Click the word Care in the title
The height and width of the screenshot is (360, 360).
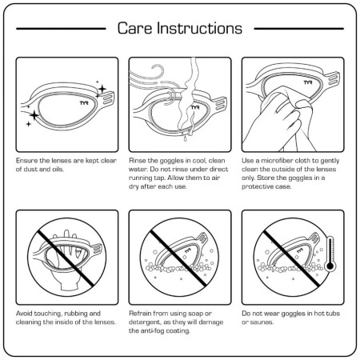tap(134, 28)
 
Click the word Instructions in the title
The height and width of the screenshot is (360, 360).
tap(199, 28)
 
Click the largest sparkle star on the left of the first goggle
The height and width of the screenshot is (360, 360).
tap(34, 115)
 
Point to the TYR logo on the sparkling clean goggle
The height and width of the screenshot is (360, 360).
tap(84, 102)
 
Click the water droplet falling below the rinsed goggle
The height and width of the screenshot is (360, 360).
tap(186, 138)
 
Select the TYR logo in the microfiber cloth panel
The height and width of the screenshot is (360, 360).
tap(308, 82)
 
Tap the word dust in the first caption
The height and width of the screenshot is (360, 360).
tap(31, 169)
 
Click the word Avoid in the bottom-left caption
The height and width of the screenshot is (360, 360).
tap(24, 314)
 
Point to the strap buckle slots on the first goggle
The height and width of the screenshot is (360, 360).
tap(108, 98)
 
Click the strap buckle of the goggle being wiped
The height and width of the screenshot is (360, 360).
tap(334, 78)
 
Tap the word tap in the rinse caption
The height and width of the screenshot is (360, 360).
tap(160, 178)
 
